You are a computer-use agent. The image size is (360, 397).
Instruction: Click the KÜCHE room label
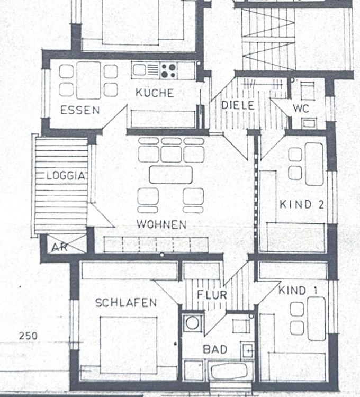(155, 93)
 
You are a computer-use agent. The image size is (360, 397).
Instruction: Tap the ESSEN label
(80, 110)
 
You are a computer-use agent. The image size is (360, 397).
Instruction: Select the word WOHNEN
(161, 224)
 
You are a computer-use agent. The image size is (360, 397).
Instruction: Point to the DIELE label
(238, 105)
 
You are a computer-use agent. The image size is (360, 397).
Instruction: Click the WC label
(301, 109)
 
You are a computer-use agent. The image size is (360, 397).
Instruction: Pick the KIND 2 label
(302, 204)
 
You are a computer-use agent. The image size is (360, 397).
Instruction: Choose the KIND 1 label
(298, 291)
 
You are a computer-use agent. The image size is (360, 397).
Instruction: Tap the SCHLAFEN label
(126, 303)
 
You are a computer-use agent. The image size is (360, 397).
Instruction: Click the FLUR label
(212, 295)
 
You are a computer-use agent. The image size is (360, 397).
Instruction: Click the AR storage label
(60, 247)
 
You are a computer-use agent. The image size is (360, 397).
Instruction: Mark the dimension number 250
(28, 336)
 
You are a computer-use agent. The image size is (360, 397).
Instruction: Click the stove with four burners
(168, 70)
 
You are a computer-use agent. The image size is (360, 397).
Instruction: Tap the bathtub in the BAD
(230, 371)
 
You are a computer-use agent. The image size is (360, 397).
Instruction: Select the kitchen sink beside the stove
(146, 70)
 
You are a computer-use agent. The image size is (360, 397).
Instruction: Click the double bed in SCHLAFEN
(128, 345)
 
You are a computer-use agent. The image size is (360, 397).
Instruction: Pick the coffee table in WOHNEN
(170, 175)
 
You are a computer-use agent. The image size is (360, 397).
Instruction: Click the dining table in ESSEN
(88, 80)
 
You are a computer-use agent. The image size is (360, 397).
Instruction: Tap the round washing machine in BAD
(192, 323)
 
